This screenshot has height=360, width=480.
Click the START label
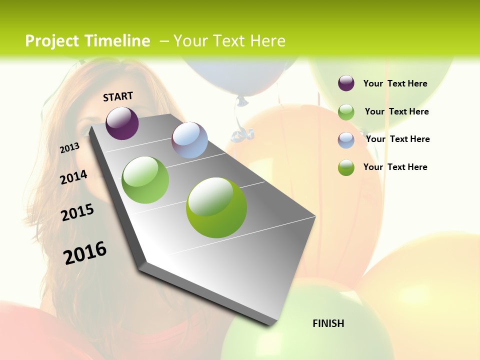point(118,96)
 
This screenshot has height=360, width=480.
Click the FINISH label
point(328,323)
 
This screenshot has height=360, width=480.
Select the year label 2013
point(69,148)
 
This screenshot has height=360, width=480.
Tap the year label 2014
point(73,177)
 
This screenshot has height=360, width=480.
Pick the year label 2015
point(77,212)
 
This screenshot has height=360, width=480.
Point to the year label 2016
point(85,252)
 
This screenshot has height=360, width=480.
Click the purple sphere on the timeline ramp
point(122,123)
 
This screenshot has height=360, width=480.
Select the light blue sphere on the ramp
point(189,140)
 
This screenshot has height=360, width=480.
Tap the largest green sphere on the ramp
point(216,207)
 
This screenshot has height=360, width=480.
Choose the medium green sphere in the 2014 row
point(145,180)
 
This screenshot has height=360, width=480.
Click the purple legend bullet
point(346,83)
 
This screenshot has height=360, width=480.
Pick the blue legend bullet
point(346,140)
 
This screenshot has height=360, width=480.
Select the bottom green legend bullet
point(346,167)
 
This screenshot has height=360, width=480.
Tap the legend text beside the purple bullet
point(395,83)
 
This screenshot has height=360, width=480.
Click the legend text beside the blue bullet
point(397,139)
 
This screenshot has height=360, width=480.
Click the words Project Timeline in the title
point(87,41)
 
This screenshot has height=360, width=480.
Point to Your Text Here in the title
point(229,41)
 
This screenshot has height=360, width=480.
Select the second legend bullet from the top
point(346,112)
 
